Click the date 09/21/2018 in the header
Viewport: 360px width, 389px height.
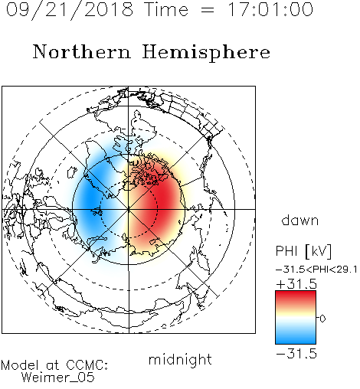tap(70, 10)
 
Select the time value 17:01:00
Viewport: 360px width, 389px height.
tap(270, 9)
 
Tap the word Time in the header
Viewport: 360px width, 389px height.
tap(166, 9)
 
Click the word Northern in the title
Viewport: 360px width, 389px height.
tap(82, 51)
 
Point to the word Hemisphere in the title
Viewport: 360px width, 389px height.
tap(206, 53)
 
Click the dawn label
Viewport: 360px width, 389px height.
tap(300, 220)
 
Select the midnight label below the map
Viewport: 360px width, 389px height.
tap(180, 359)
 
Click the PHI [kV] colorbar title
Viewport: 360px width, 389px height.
tap(303, 251)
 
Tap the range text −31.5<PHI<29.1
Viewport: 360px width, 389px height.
tap(316, 270)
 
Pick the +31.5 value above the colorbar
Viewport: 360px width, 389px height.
tap(296, 284)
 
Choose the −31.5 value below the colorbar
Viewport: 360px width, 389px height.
tap(296, 354)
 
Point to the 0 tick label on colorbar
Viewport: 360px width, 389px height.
tap(322, 319)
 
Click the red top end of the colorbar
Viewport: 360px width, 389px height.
tap(296, 293)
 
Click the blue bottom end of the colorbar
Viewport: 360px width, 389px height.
tap(296, 341)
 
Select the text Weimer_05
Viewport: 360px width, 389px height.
tap(58, 378)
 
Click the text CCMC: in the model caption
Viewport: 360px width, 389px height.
tap(87, 365)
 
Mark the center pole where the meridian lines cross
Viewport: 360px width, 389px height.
tap(129, 209)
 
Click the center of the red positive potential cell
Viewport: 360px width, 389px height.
tap(163, 201)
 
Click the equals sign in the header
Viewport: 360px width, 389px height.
tap(208, 10)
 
